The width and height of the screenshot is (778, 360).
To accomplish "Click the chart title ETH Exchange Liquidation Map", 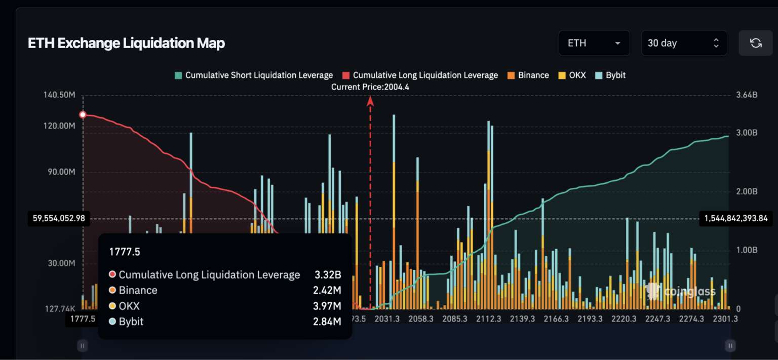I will point(126,44).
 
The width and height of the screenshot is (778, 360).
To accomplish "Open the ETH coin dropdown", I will point(594,43).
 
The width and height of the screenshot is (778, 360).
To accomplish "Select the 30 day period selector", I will point(683,43).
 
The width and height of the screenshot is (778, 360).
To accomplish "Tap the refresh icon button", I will point(755,43).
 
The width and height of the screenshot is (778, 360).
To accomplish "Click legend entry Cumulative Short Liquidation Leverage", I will point(254,75).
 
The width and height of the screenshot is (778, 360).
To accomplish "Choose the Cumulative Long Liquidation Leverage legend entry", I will point(420,75).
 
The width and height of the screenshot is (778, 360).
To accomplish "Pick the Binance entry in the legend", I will point(528,75).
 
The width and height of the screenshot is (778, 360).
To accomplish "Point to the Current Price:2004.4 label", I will point(370,87).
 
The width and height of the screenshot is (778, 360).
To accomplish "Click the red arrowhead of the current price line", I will point(370,100).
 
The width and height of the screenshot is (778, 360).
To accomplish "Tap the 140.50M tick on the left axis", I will point(60,95).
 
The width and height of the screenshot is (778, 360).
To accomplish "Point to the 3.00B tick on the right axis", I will point(747,133).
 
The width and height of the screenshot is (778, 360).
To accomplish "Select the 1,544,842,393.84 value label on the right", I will point(735,219).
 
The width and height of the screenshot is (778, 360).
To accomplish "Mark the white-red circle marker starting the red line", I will point(83,115).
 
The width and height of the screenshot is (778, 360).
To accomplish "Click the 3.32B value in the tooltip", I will point(327,275).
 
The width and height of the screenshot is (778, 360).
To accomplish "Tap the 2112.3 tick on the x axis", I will point(489,319).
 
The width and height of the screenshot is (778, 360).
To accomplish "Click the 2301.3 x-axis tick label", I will point(725,319).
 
